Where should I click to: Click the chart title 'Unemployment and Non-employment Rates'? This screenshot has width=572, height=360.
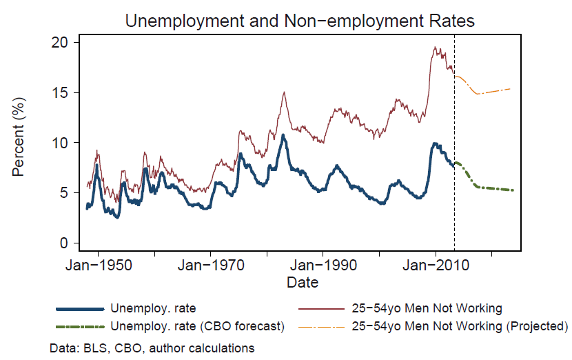300,21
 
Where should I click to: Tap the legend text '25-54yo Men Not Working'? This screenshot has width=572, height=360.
427,308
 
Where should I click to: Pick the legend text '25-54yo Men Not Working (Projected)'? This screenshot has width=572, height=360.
459,326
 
